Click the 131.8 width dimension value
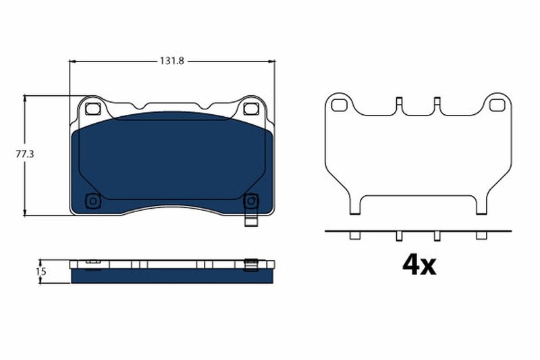[173, 61]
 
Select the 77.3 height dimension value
[25, 155]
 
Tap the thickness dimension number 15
[40, 272]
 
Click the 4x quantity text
[418, 265]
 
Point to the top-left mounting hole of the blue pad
[94, 107]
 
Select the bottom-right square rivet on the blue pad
[250, 201]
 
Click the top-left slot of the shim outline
[340, 105]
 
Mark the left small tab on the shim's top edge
[399, 103]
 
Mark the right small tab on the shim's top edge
[437, 103]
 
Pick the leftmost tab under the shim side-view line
[352, 235]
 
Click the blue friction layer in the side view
[172, 276]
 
